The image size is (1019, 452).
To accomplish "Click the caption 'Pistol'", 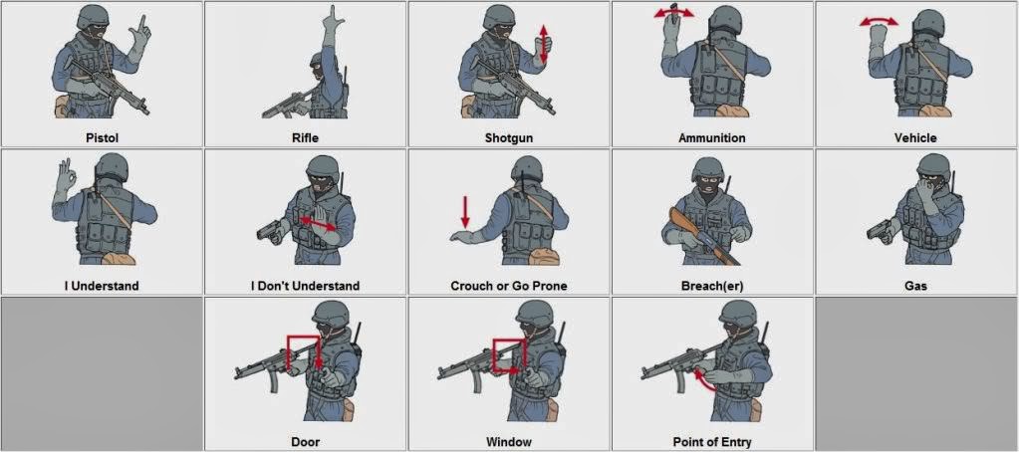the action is coord(102,137).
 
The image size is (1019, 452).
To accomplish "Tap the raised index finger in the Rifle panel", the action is coord(333,14).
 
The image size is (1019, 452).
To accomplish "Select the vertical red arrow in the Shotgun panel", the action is coord(544,44).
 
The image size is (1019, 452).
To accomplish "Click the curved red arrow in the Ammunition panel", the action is coord(673,12).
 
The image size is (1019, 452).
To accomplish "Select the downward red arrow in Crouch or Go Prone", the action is coord(465,212).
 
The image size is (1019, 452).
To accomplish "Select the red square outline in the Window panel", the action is coord(508,355).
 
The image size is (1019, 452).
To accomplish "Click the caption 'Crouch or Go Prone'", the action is coord(509,286).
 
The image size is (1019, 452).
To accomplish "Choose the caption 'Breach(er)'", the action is coord(712,286).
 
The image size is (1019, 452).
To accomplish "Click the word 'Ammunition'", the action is coord(711,137).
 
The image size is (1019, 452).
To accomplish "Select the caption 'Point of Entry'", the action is coord(712,442).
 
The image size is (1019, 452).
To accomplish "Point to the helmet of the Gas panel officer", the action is coord(934,165).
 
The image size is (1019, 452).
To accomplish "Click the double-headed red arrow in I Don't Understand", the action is coord(318,223).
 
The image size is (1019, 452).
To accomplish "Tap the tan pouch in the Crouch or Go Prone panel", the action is coord(544,256).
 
